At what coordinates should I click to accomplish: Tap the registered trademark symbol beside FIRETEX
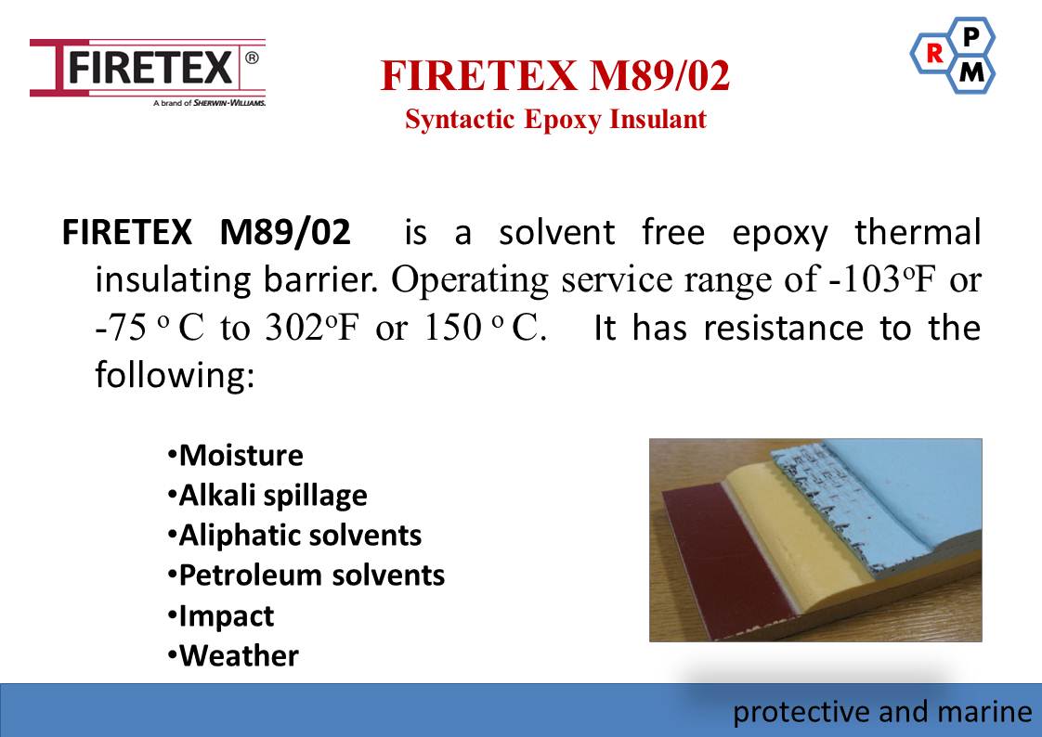(252, 58)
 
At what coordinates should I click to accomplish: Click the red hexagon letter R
(934, 54)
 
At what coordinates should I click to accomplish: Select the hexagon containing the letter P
(970, 36)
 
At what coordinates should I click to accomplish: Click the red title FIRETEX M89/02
(555, 75)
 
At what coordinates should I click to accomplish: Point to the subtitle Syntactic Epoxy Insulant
(555, 120)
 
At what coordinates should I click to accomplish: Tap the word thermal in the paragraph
(918, 232)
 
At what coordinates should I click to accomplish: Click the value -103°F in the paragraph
(881, 279)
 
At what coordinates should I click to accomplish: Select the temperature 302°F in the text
(312, 328)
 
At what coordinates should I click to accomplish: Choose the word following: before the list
(175, 375)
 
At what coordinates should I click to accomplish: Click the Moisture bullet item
(235, 456)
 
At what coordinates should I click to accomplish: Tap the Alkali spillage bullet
(267, 496)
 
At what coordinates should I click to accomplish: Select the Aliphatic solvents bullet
(294, 536)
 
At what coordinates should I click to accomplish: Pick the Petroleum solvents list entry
(306, 575)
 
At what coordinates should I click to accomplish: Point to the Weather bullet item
(233, 656)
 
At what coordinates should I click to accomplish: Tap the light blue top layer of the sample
(910, 491)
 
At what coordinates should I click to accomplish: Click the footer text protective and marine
(882, 713)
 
